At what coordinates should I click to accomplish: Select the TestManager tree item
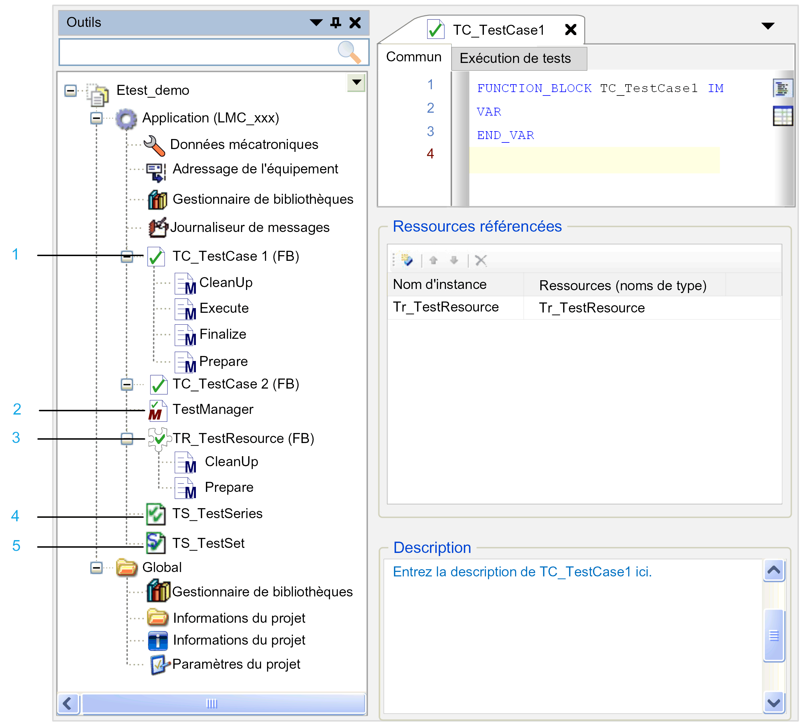coord(213,410)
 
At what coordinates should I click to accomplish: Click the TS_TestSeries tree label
coord(217,514)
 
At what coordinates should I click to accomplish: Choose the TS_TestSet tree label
coord(208,543)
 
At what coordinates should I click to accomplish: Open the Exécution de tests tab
coord(515,58)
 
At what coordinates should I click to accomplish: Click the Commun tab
coord(414,57)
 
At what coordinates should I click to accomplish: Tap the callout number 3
coord(16,438)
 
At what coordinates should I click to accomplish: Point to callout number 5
coord(16,546)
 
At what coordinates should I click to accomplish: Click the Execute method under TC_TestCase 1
coord(224,308)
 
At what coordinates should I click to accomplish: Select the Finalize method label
coord(223,334)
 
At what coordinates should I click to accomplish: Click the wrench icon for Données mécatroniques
coord(154,146)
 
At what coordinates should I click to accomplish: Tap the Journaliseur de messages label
coord(250,228)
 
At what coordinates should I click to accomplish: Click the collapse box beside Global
coord(96,568)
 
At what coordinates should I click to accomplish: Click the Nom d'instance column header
coord(439,284)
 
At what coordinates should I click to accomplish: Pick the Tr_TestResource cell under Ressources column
coord(592,308)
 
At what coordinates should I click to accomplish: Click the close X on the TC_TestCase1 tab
coord(570,29)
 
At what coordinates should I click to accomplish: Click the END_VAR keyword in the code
coord(506,136)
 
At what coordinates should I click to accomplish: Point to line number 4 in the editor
coord(430,153)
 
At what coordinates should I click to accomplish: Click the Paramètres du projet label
coord(236,664)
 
